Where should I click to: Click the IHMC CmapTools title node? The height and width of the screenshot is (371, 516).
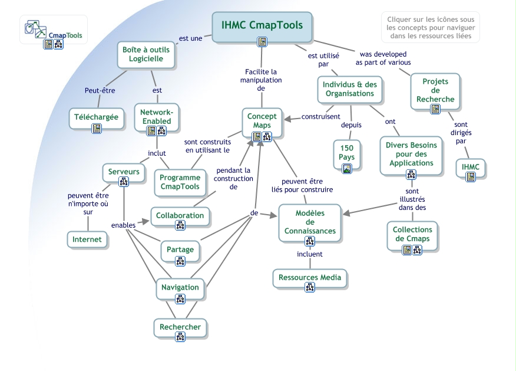coord(262,25)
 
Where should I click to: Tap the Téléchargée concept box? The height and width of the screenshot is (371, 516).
coord(96,117)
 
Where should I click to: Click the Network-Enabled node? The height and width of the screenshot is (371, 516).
coord(157,117)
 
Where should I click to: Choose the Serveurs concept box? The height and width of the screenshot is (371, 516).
coord(124,172)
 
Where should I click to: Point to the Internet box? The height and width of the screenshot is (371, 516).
coord(87,239)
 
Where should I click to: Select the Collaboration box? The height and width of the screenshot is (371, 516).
coord(180,216)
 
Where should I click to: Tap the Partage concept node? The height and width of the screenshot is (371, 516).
coord(180,249)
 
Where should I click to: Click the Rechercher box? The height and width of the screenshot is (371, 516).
coord(180,327)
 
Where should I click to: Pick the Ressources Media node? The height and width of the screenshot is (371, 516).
coord(310,278)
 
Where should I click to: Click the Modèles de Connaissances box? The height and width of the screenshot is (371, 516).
coord(310,222)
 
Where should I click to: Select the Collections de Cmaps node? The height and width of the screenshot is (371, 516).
coord(412,235)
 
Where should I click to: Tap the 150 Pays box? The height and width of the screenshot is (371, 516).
coord(346,153)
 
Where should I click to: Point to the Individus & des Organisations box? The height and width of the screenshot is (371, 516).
coord(349,89)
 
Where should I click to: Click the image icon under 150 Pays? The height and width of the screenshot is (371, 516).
coord(346,169)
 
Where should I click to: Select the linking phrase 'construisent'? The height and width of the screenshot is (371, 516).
coord(320,117)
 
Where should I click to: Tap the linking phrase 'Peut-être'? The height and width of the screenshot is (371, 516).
coord(100,91)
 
